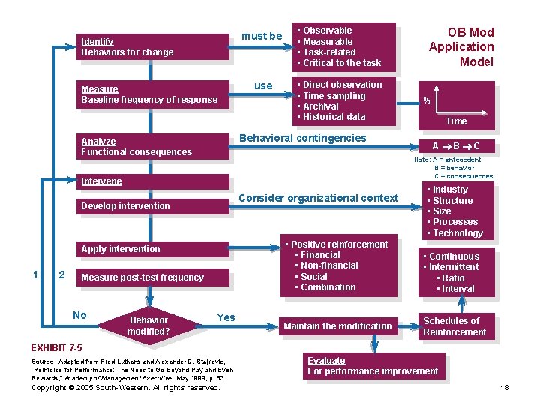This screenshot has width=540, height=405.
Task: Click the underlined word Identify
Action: tap(97, 42)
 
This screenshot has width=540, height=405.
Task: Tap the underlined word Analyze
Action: tap(98, 142)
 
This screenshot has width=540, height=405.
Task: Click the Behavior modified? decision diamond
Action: tap(148, 325)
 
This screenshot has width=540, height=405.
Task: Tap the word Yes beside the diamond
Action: tap(226, 317)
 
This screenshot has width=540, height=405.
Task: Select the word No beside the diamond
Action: tap(80, 315)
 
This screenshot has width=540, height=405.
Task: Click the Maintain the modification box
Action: tap(337, 326)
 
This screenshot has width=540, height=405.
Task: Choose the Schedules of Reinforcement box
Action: tap(454, 326)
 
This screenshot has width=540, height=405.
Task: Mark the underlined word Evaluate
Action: tap(326, 361)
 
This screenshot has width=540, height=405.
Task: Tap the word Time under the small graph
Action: tap(456, 121)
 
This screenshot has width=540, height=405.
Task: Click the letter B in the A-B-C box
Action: tap(457, 146)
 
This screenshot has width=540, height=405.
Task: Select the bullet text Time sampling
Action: tap(334, 95)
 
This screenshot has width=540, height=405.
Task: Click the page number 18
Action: tap(504, 388)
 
